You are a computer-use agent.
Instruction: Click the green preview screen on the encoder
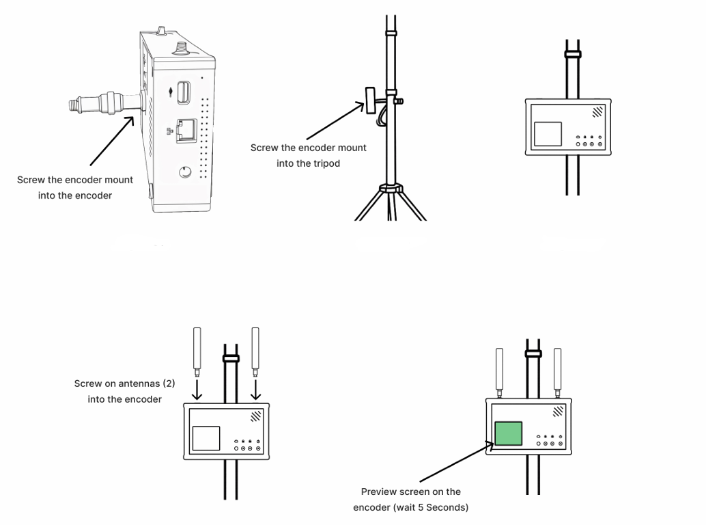point(508,434)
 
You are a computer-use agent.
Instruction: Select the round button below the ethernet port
point(186,172)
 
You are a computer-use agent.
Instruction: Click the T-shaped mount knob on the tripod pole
point(369,100)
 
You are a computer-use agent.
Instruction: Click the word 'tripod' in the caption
point(325,163)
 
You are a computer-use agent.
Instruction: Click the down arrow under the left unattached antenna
point(197,390)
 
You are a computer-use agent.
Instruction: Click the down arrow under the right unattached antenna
point(255,390)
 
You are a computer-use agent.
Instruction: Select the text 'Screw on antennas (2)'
point(124,383)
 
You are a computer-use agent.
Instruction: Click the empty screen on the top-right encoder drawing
point(547,134)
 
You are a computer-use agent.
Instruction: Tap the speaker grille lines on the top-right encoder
point(598,111)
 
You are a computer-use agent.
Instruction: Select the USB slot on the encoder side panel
point(184,93)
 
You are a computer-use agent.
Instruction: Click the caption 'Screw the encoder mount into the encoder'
point(75,187)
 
